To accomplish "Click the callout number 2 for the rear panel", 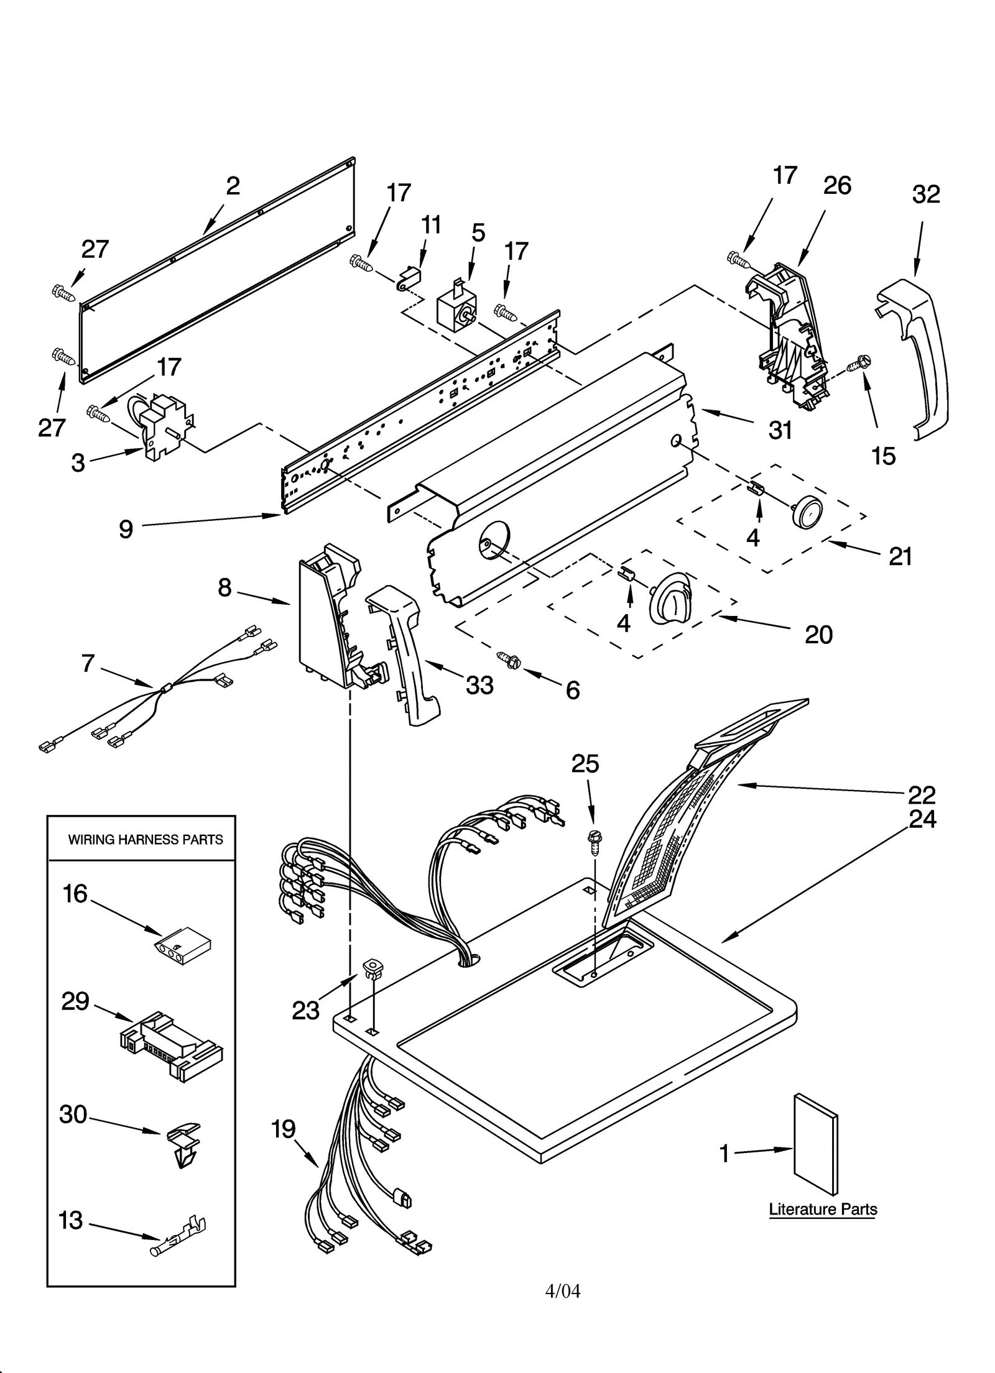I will (233, 186).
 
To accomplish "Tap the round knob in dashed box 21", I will (807, 512).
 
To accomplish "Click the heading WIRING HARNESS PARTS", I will (145, 840).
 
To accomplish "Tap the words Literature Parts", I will (822, 1209).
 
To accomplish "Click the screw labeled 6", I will (509, 659).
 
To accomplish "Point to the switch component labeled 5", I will (457, 311).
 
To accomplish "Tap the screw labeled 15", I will (862, 362).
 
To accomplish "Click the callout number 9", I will (126, 529).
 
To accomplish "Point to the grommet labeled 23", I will (373, 968).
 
